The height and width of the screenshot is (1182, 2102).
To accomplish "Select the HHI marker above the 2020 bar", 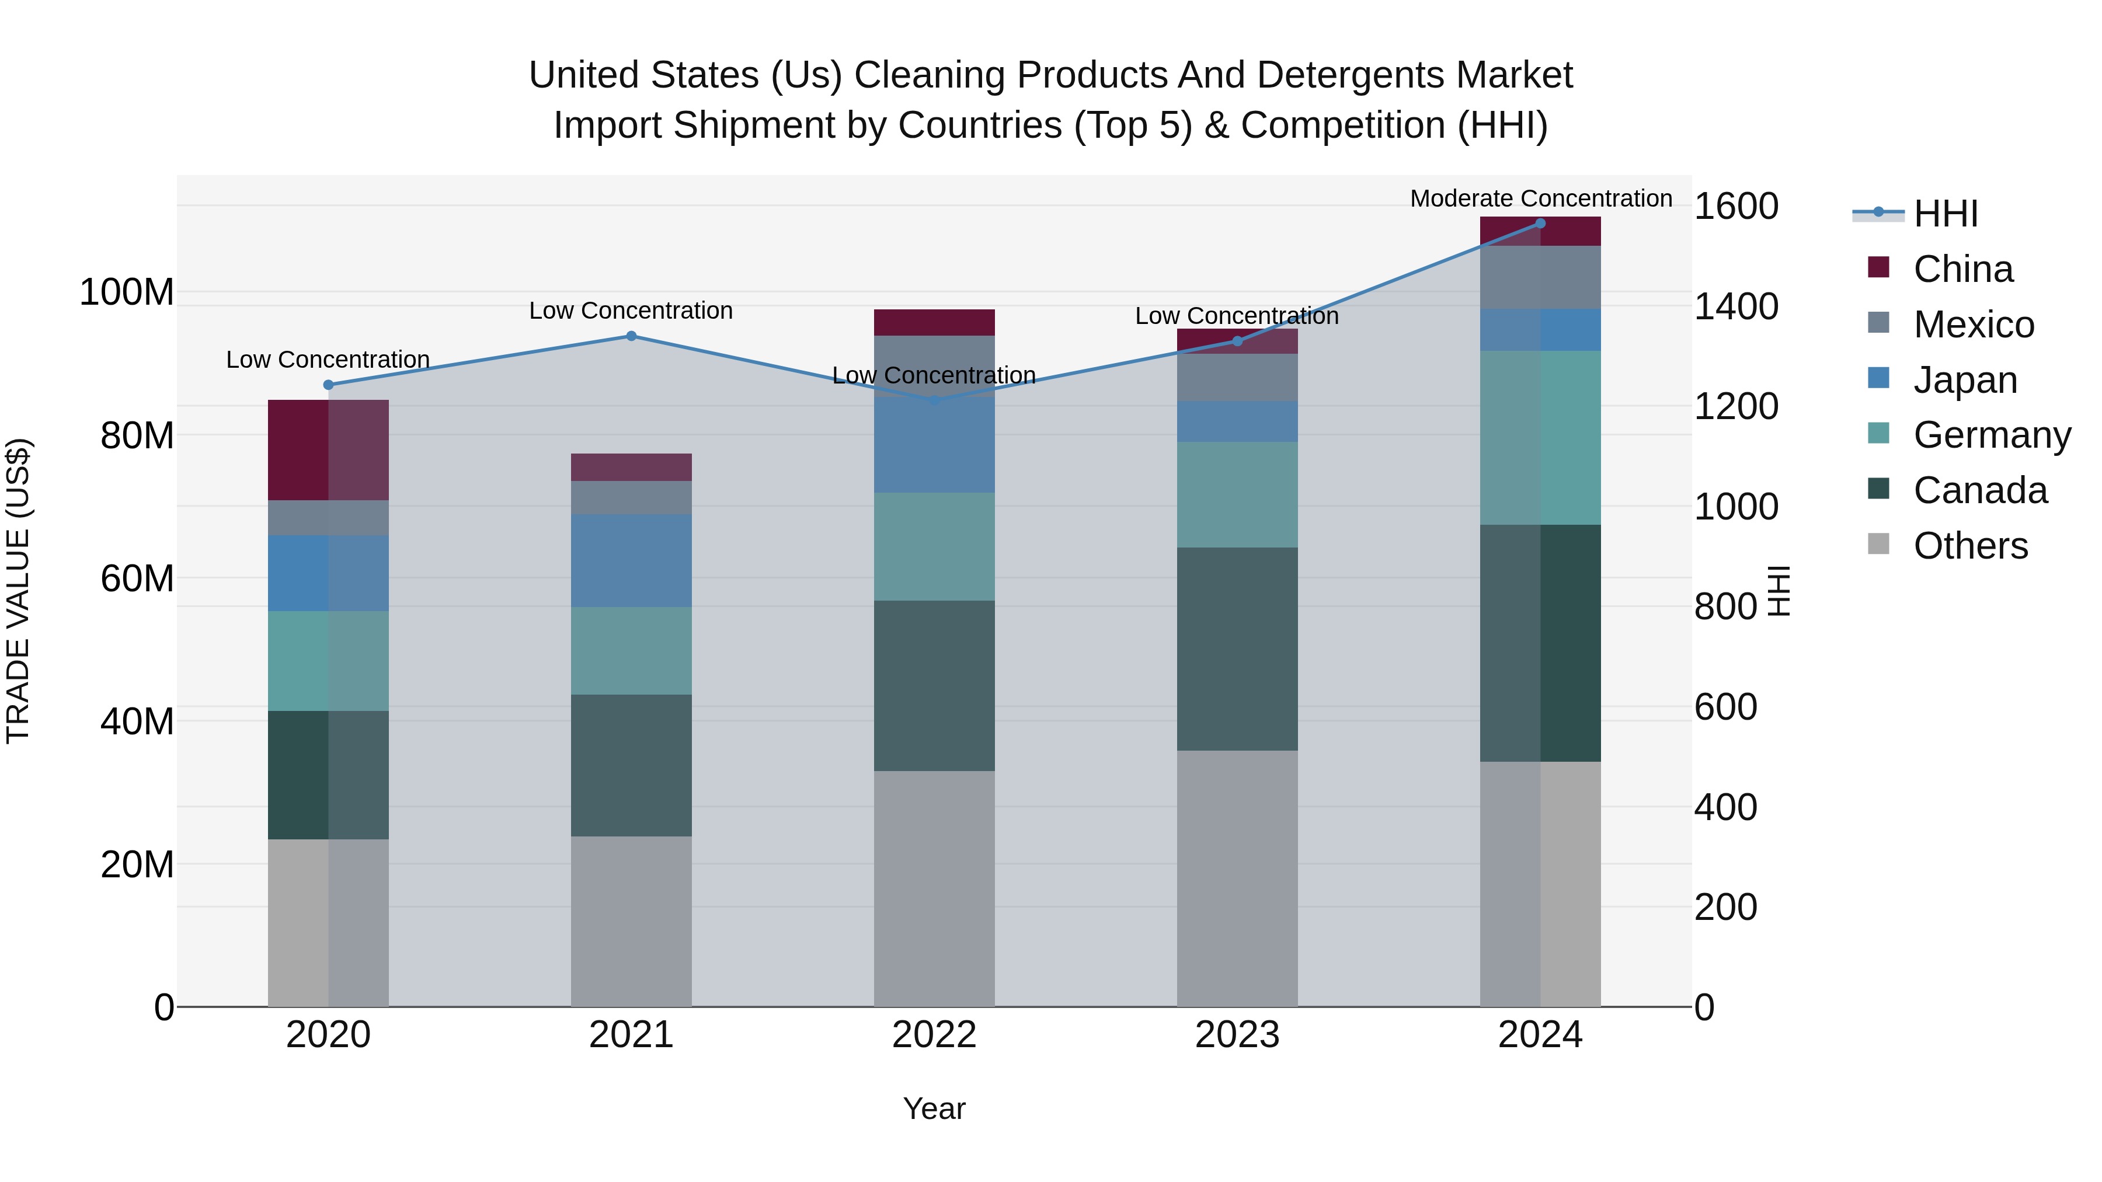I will click(328, 385).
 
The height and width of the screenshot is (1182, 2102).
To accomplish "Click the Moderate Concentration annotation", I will click(1541, 199).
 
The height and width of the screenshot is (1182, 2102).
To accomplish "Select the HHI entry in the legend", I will click(1946, 214).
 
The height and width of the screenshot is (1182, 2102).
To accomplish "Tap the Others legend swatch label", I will click(1970, 546).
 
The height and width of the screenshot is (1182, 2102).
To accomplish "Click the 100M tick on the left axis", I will click(127, 292).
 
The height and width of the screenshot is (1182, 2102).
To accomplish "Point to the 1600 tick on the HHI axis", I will click(1736, 207).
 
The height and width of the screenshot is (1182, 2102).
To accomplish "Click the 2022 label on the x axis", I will click(934, 1035).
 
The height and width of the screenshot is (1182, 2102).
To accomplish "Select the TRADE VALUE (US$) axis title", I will click(18, 591).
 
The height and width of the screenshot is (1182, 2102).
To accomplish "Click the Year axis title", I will click(934, 1108).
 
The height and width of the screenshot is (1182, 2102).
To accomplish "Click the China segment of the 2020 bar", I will click(328, 449).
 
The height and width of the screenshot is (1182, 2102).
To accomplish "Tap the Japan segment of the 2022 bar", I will click(934, 445).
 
